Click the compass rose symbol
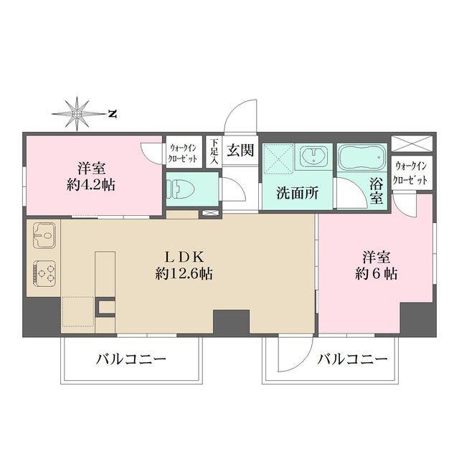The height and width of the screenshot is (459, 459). point(77,113)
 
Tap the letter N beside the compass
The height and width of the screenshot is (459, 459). point(112,113)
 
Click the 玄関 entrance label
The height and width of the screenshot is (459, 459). point(240,151)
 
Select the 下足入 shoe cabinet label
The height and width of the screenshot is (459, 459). point(214,152)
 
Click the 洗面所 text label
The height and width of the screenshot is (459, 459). point(293,192)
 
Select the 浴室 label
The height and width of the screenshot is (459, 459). point(377,191)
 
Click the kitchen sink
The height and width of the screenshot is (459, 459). point(44,235)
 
